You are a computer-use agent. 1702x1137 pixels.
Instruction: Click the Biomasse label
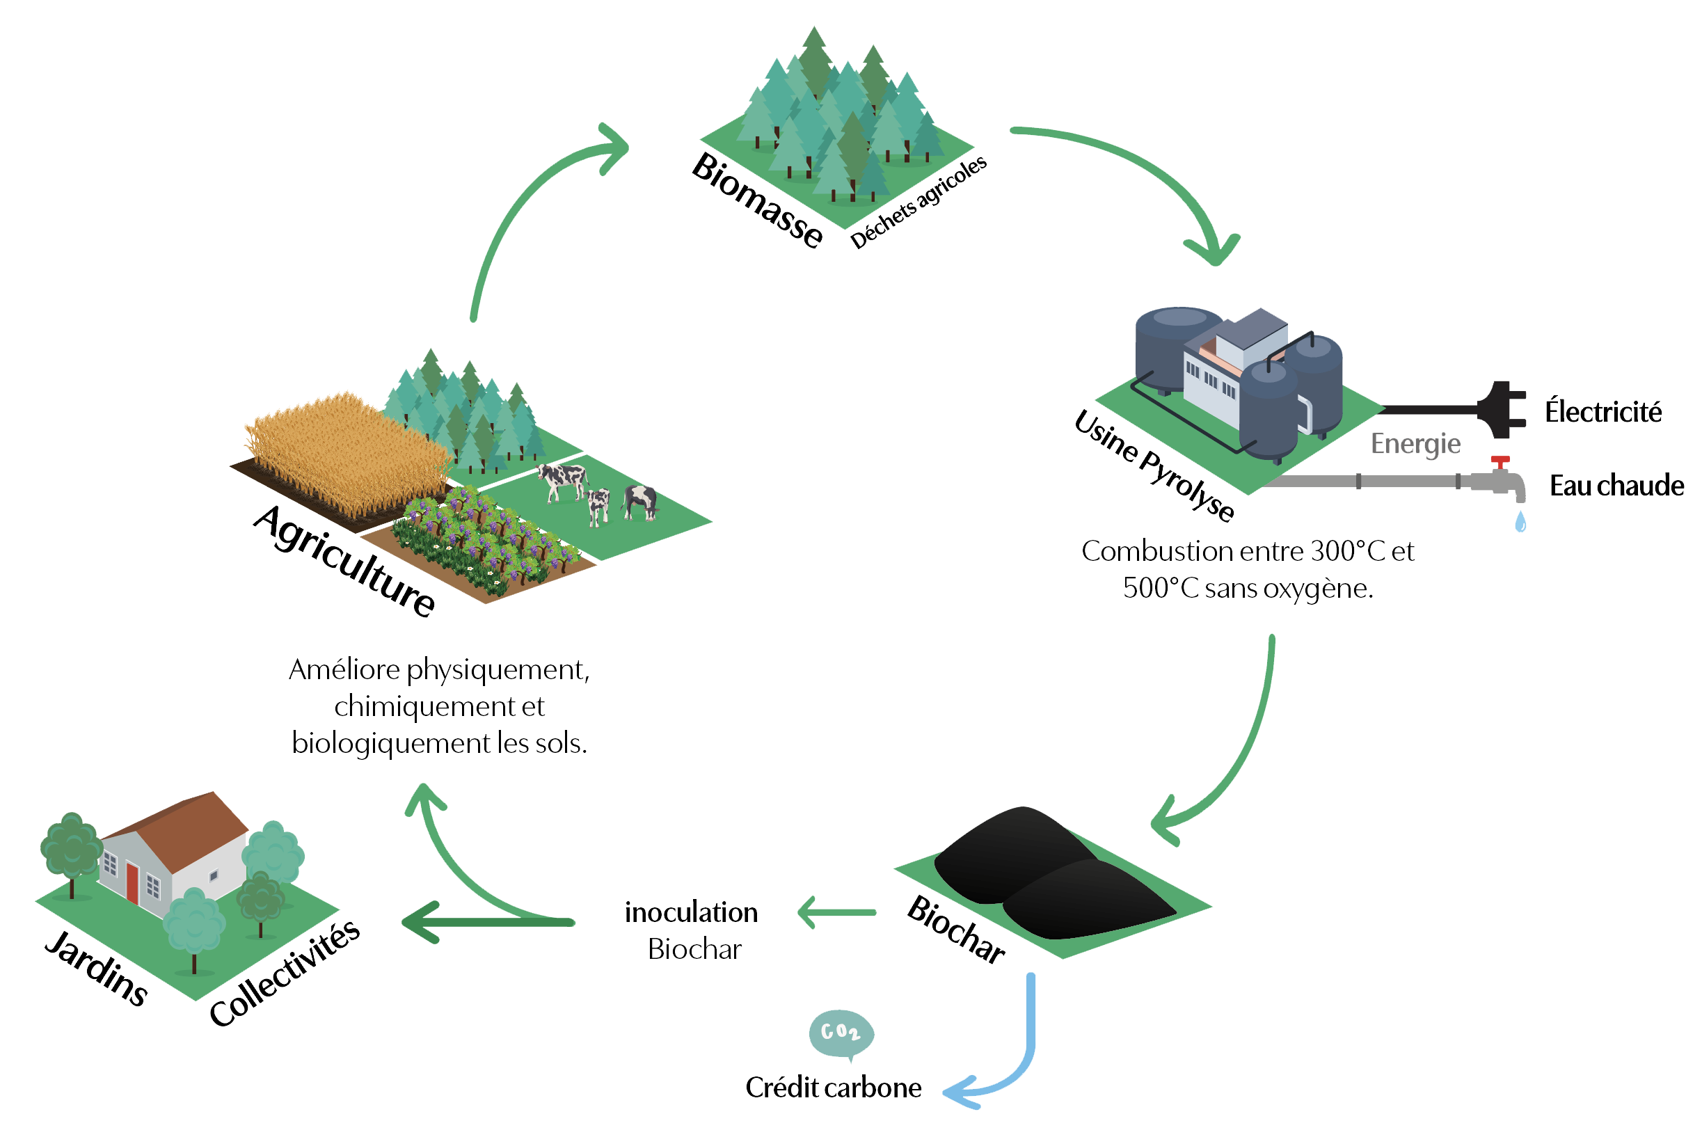point(756,200)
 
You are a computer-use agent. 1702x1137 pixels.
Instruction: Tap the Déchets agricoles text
point(918,203)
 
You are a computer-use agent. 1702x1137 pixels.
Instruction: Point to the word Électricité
point(1603,413)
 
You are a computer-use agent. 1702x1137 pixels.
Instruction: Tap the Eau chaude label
point(1616,486)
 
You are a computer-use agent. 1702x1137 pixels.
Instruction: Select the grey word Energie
point(1415,444)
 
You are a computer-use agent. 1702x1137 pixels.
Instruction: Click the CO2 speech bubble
point(845,1033)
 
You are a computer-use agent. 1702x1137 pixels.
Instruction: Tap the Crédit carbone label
point(834,1088)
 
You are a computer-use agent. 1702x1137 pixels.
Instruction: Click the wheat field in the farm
point(341,450)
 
